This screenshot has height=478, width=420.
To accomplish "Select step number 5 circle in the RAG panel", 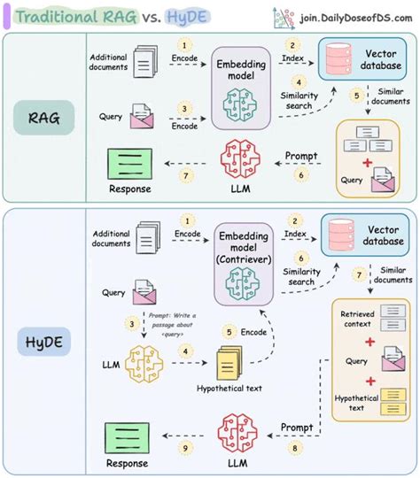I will pyautogui.click(x=354, y=96).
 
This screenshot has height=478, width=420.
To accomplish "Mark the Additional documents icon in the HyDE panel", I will pyautogui.click(x=143, y=237).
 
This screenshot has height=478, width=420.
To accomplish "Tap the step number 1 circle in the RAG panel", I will pyautogui.click(x=185, y=43).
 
